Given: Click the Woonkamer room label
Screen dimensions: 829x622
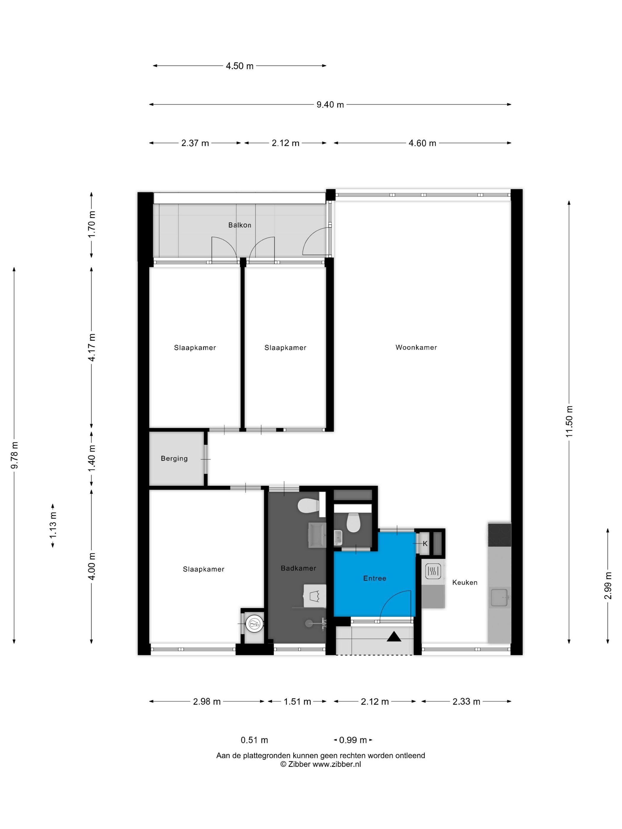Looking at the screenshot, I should (x=416, y=347).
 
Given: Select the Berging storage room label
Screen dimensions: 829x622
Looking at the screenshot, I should (x=174, y=458).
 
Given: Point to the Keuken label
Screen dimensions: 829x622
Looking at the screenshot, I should (x=464, y=582).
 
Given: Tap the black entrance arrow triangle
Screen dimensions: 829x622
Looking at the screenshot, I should (x=394, y=636).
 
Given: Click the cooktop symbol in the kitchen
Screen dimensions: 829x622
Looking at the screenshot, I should (x=433, y=571).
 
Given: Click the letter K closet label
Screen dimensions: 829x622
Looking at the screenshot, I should (x=425, y=543).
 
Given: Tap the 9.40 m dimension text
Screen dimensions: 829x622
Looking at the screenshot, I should (x=330, y=105).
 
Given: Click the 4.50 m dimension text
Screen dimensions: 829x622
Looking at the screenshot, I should (x=240, y=66).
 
